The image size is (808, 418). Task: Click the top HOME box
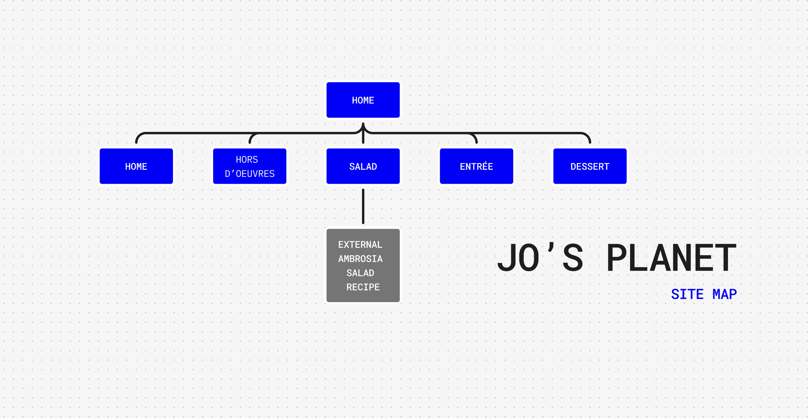tap(363, 100)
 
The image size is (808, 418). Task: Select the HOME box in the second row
tap(136, 166)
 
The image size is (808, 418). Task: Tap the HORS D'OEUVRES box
tap(250, 166)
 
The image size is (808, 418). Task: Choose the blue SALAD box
tap(363, 166)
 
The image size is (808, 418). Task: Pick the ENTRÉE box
tap(476, 166)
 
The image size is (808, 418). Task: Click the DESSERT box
tap(590, 166)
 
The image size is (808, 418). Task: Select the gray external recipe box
tap(363, 265)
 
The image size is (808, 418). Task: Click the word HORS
tap(247, 160)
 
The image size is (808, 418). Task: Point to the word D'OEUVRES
tap(250, 174)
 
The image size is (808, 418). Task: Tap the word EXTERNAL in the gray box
tap(360, 245)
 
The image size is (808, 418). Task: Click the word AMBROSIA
tap(360, 259)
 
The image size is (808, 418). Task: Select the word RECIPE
tap(363, 287)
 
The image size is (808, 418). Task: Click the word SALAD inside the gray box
tap(360, 273)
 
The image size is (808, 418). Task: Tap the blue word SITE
tap(687, 294)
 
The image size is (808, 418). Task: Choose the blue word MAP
tap(725, 294)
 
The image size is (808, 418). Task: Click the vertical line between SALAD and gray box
tap(363, 206)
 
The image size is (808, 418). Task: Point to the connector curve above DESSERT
tap(587, 136)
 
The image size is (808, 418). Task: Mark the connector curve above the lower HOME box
tap(139, 136)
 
